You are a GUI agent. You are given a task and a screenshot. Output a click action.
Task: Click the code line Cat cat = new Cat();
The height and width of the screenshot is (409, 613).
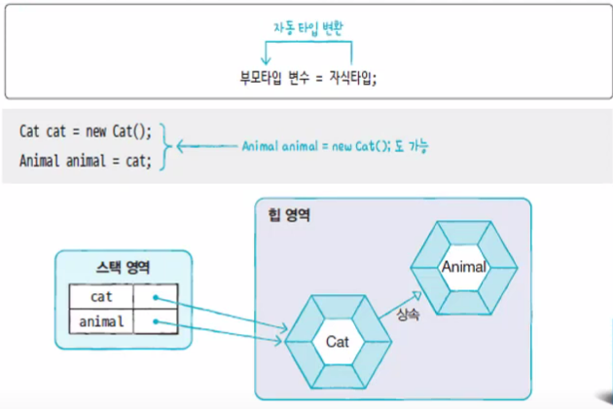(86, 131)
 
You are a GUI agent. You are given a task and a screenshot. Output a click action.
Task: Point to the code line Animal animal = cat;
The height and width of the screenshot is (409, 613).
(86, 161)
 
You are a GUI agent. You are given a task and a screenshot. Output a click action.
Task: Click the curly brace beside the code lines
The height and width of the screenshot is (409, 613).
(167, 146)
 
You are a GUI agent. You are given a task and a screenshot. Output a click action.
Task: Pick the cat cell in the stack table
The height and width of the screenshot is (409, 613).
(101, 296)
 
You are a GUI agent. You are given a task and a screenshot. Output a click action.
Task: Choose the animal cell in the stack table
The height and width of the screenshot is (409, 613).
(101, 321)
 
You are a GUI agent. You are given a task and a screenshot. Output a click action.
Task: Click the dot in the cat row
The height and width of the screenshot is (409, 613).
(156, 297)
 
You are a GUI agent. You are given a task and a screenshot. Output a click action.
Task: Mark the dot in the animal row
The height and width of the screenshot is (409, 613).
(156, 322)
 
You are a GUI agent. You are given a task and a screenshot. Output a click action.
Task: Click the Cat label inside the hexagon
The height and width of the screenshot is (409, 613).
(337, 342)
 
